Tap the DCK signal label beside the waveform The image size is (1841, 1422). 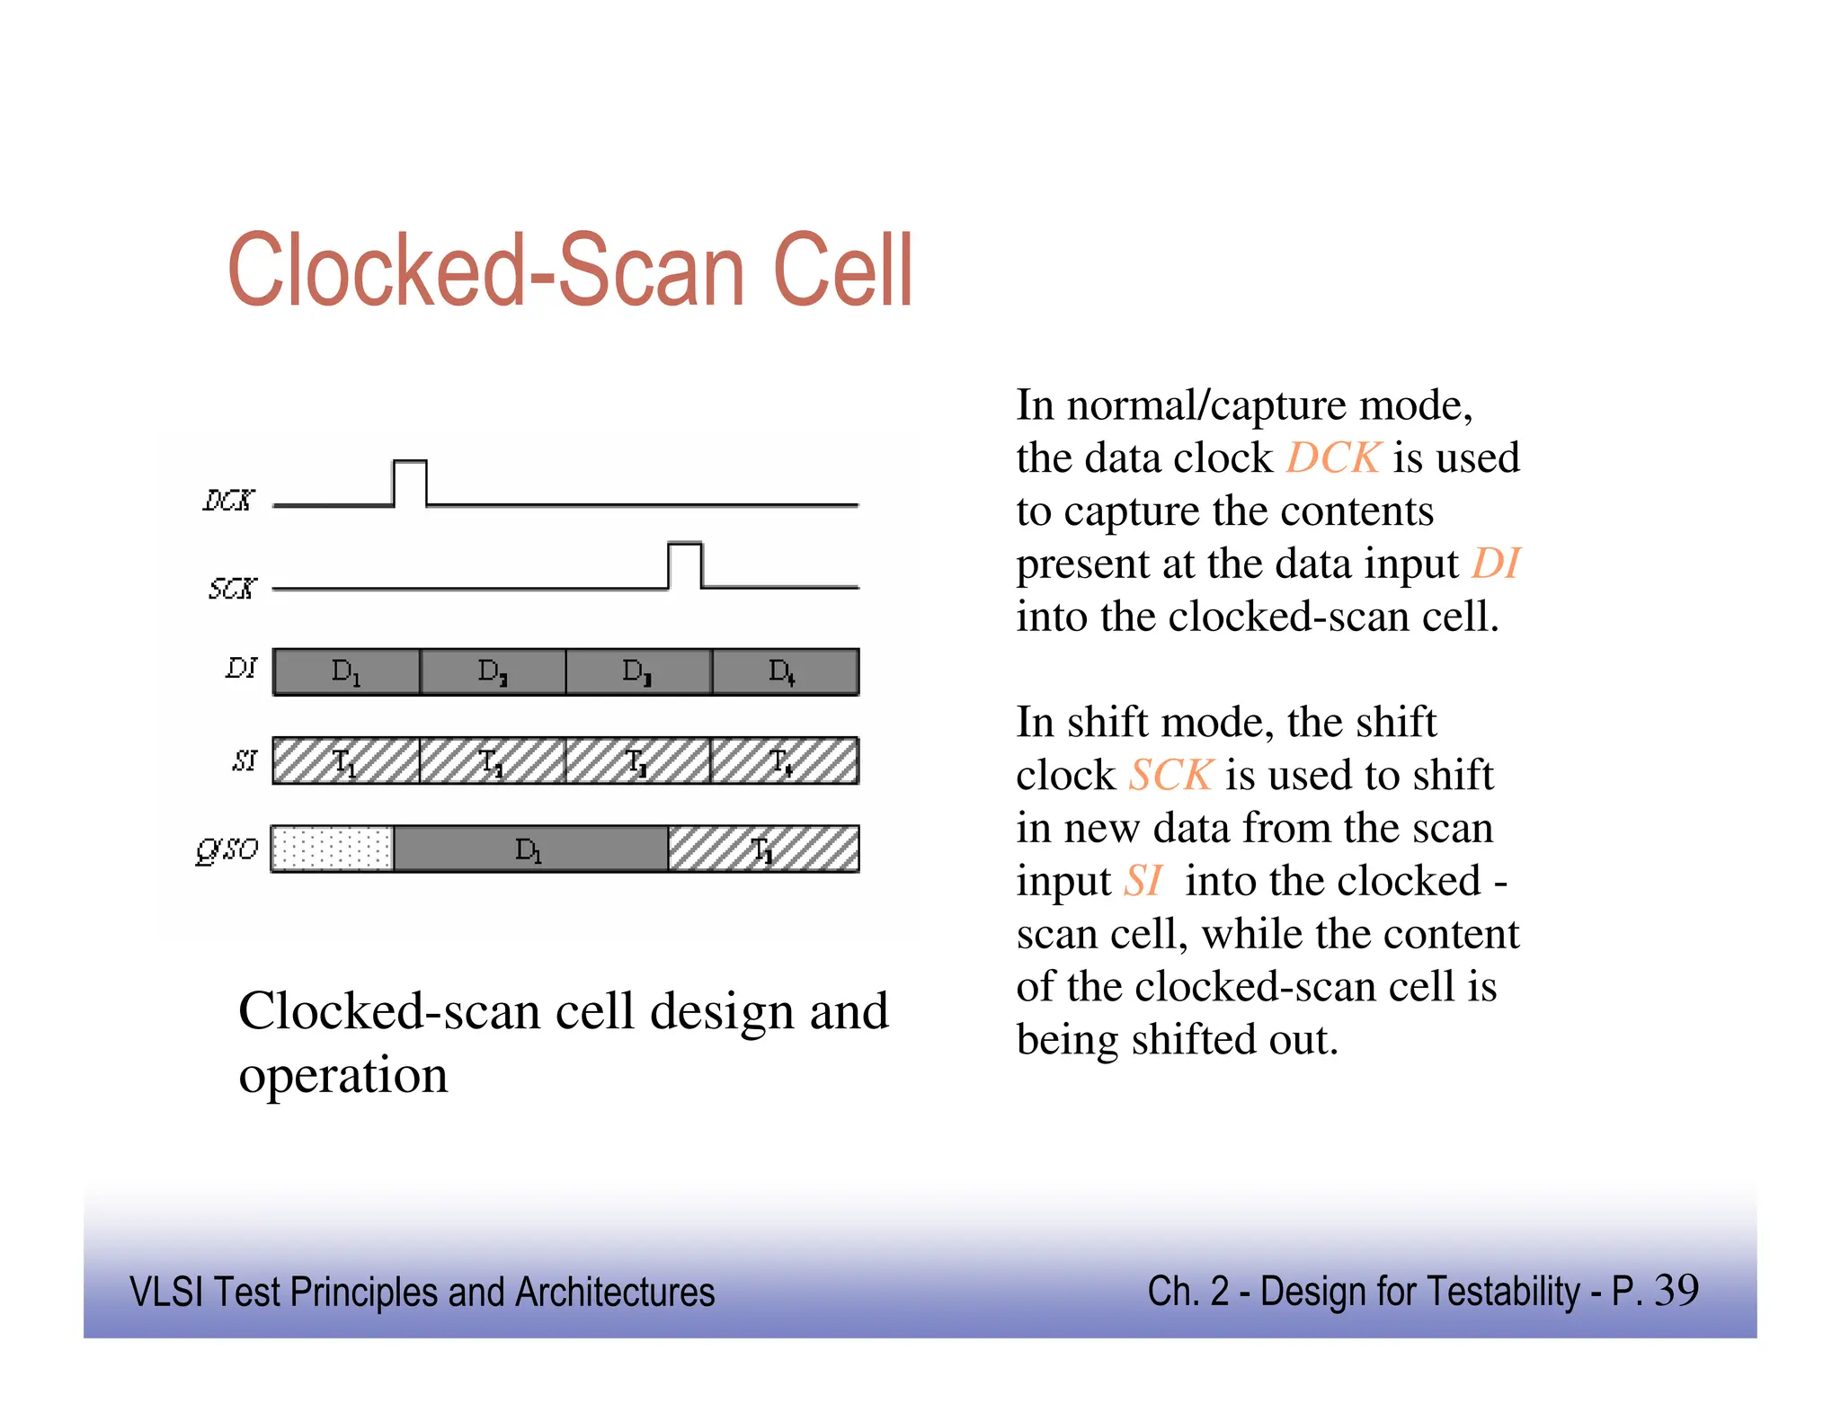pyautogui.click(x=228, y=501)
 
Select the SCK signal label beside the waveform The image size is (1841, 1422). pyautogui.click(x=232, y=589)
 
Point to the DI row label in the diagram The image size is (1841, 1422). pyautogui.click(x=241, y=668)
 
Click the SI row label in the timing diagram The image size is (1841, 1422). pyautogui.click(x=245, y=760)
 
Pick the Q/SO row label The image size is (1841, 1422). pyautogui.click(x=227, y=849)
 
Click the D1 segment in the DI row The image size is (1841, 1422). pyautogui.click(x=346, y=671)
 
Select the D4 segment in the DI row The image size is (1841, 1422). pyautogui.click(x=785, y=671)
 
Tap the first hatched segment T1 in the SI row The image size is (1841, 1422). pyautogui.click(x=346, y=760)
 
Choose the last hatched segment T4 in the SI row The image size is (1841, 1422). pyautogui.click(x=784, y=760)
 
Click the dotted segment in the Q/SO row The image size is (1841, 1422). pyautogui.click(x=333, y=849)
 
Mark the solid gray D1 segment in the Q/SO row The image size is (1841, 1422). pyautogui.click(x=530, y=849)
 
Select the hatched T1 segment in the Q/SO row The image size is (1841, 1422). pyautogui.click(x=763, y=849)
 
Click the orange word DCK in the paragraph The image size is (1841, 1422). pyautogui.click(x=1332, y=458)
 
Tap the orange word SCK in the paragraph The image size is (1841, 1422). pyautogui.click(x=1170, y=775)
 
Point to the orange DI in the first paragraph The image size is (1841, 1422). pyautogui.click(x=1495, y=564)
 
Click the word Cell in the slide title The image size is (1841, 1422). pyautogui.click(x=842, y=270)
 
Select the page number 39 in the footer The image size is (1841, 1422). pyautogui.click(x=1676, y=1291)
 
